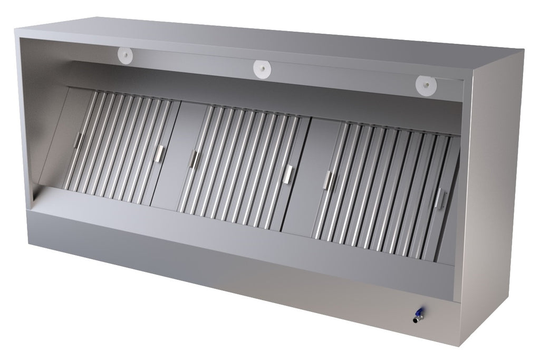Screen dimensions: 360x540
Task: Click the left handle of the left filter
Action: tap(78, 140)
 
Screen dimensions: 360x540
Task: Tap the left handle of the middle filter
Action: tap(194, 159)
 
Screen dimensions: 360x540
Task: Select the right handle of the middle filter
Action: tap(288, 174)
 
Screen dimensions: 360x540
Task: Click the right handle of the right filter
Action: tap(438, 198)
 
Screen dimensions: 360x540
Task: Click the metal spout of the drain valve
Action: tap(419, 318)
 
